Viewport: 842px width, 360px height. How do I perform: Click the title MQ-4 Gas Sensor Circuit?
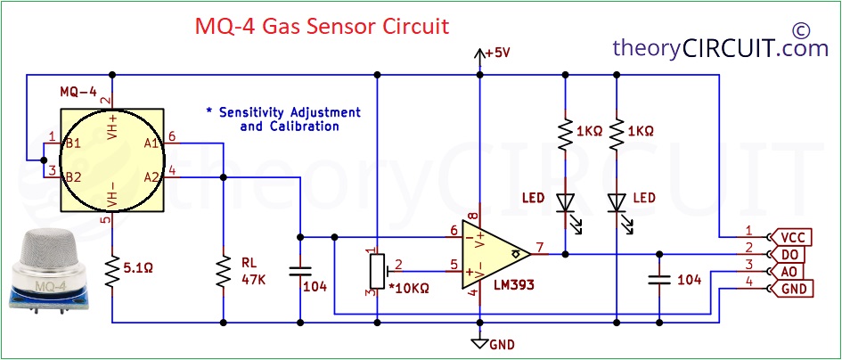pyautogui.click(x=322, y=27)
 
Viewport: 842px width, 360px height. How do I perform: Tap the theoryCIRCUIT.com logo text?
pyautogui.click(x=721, y=48)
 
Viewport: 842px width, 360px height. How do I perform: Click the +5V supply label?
pyautogui.click(x=496, y=53)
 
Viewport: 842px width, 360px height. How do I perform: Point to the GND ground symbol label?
pyautogui.click(x=503, y=345)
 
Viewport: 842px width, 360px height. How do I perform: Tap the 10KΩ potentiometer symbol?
pyautogui.click(x=378, y=272)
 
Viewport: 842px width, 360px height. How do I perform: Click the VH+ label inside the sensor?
pyautogui.click(x=112, y=127)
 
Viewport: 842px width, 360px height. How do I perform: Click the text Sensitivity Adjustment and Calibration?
pyautogui.click(x=284, y=119)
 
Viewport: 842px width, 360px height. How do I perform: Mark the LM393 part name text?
pyautogui.click(x=514, y=285)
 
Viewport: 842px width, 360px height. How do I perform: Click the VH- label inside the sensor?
pyautogui.click(x=112, y=195)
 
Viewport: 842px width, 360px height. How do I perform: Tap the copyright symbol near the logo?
pyautogui.click(x=800, y=29)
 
